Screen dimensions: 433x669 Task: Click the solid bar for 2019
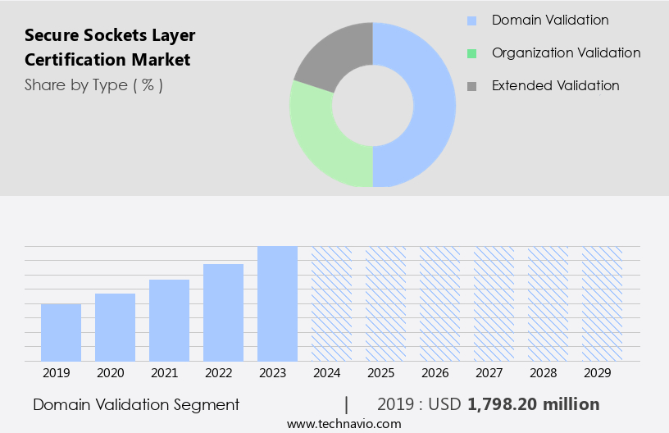tap(61, 332)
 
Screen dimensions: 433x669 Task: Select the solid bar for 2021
tap(169, 320)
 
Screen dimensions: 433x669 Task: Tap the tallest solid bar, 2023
tap(277, 303)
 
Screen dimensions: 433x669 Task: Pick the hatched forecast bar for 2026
tap(439, 303)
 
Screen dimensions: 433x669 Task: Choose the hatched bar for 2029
tap(602, 303)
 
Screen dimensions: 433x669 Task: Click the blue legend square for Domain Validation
tap(471, 21)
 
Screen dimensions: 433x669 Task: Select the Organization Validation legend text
tap(566, 52)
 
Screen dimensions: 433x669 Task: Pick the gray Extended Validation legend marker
tap(471, 85)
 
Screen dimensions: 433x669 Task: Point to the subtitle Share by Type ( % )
tap(93, 84)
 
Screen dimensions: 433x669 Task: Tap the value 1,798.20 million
tap(533, 404)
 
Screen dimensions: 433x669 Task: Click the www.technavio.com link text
tap(344, 423)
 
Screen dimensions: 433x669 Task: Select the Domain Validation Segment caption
tap(136, 404)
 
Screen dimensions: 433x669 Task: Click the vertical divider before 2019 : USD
tap(347, 404)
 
